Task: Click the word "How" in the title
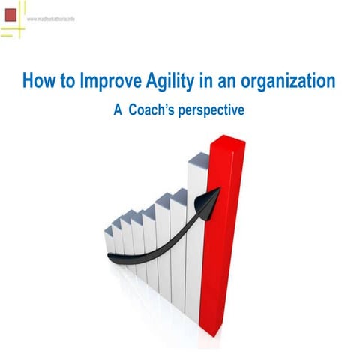click(x=38, y=80)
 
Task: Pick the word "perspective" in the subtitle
click(x=214, y=109)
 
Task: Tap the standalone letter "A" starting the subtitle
click(x=118, y=109)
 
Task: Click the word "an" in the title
click(x=238, y=80)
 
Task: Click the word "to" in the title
click(x=67, y=80)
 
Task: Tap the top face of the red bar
click(x=227, y=139)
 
